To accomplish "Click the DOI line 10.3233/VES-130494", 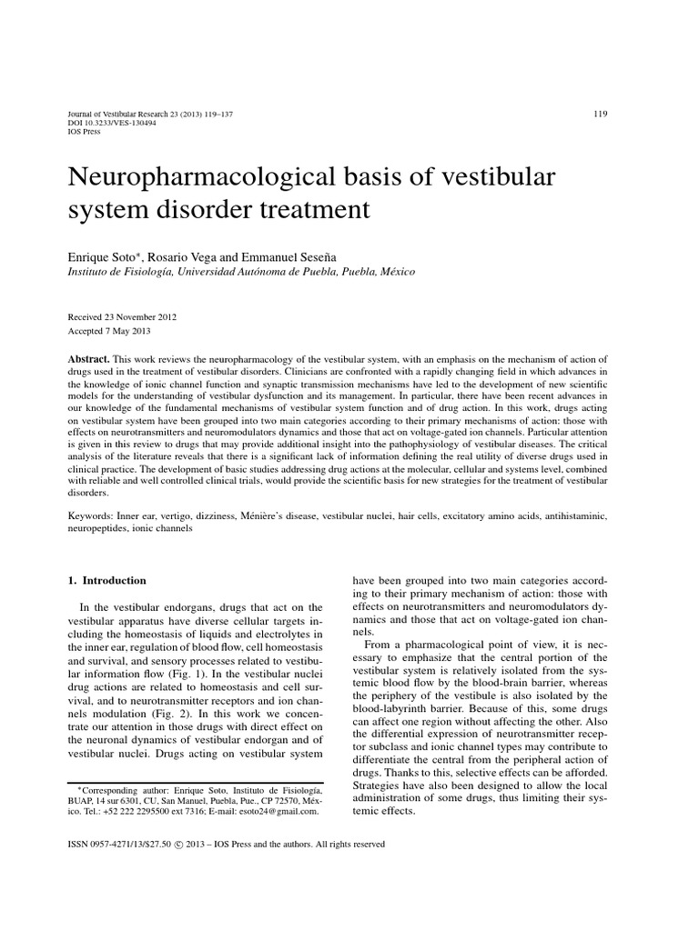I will [108, 122].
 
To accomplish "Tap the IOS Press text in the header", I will [85, 131].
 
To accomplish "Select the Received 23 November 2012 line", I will [122, 317].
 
